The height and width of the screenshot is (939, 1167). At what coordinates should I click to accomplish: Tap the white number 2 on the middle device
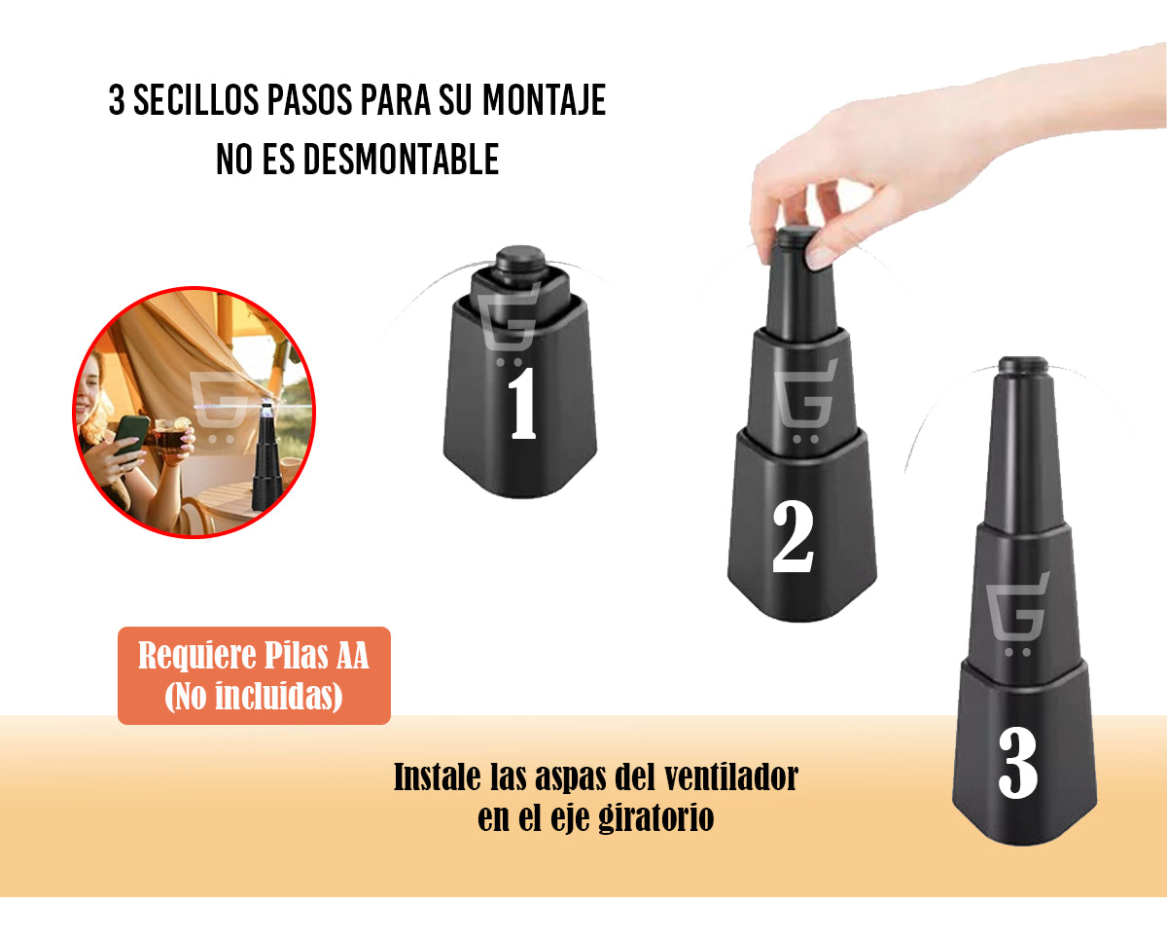tap(792, 537)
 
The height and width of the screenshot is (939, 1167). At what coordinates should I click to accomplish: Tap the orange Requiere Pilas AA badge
tap(254, 675)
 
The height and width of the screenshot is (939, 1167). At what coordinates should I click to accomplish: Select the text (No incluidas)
tap(254, 697)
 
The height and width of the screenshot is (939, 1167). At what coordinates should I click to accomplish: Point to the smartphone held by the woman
tap(131, 434)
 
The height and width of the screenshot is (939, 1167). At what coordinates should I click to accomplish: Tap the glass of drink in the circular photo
tap(171, 439)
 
